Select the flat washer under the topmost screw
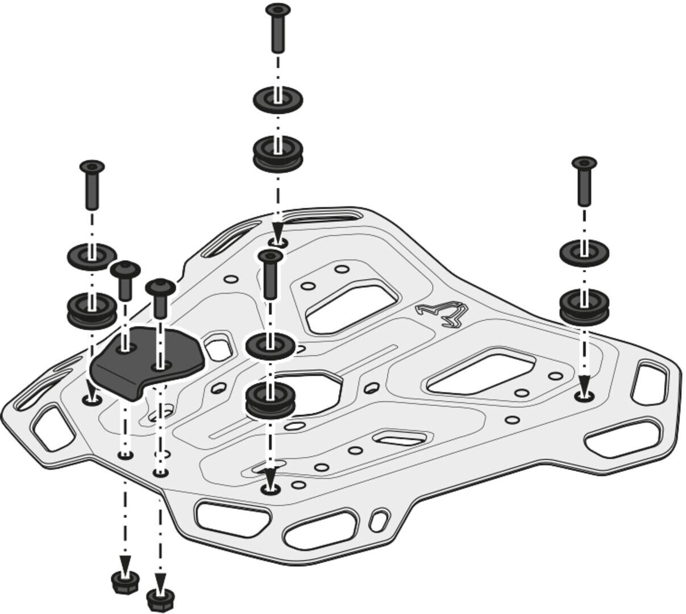tap(277, 99)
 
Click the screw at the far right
tap(584, 181)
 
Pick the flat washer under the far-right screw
tap(584, 252)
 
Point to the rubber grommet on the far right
tap(584, 306)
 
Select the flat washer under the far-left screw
tap(92, 256)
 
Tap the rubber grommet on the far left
tap(92, 309)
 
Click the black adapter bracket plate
tap(145, 361)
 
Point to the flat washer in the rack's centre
tap(270, 345)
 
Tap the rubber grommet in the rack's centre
tap(270, 400)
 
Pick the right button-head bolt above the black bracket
tap(160, 297)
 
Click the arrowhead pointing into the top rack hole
tap(277, 233)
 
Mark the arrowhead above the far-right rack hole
tap(584, 384)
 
